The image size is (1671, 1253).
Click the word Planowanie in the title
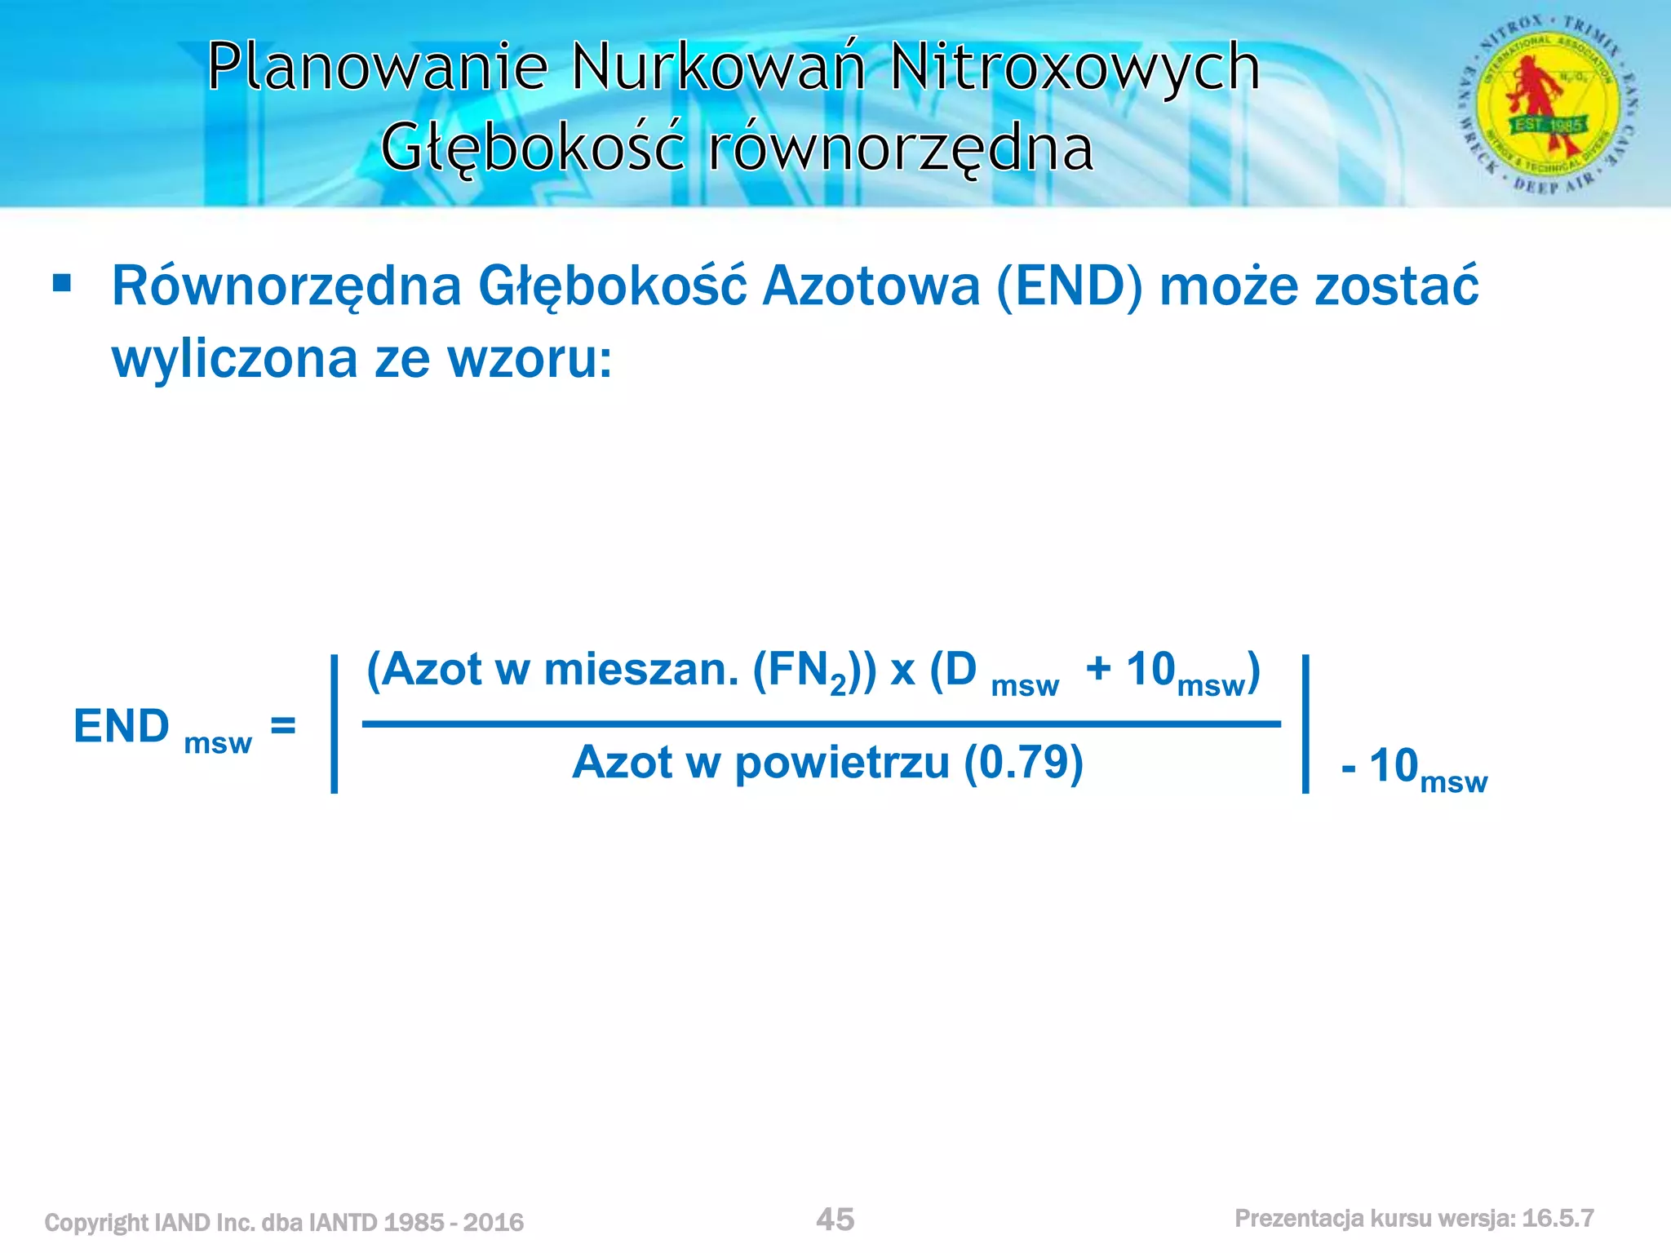click(377, 67)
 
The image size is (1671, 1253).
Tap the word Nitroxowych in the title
click(1075, 67)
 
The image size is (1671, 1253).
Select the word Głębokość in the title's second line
click(532, 148)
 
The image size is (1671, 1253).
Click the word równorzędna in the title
click(901, 148)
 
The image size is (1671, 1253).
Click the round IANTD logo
click(1548, 104)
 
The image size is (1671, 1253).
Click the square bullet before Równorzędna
click(61, 283)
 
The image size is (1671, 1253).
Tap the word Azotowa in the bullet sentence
click(871, 287)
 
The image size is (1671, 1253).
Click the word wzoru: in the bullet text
click(530, 359)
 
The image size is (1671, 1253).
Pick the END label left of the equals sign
click(122, 726)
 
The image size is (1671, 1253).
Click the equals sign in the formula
click(282, 724)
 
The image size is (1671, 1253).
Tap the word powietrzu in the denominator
click(842, 764)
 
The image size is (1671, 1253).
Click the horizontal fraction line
click(820, 724)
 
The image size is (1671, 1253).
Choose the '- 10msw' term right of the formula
click(1413, 768)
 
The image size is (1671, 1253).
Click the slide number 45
click(835, 1220)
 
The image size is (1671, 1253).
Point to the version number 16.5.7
click(1558, 1219)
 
